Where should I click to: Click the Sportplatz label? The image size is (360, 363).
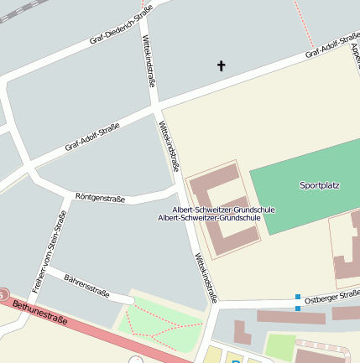(x=319, y=184)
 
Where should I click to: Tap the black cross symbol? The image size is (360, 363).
(x=222, y=65)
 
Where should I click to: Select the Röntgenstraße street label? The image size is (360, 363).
(x=100, y=199)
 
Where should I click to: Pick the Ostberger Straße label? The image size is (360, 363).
(x=331, y=295)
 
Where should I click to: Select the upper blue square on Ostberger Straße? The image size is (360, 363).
(x=297, y=296)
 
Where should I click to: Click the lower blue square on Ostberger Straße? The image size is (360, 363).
(x=297, y=309)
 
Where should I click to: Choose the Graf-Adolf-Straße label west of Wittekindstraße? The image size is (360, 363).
(x=91, y=137)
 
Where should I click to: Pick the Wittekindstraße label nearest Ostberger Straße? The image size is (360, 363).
(x=206, y=277)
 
